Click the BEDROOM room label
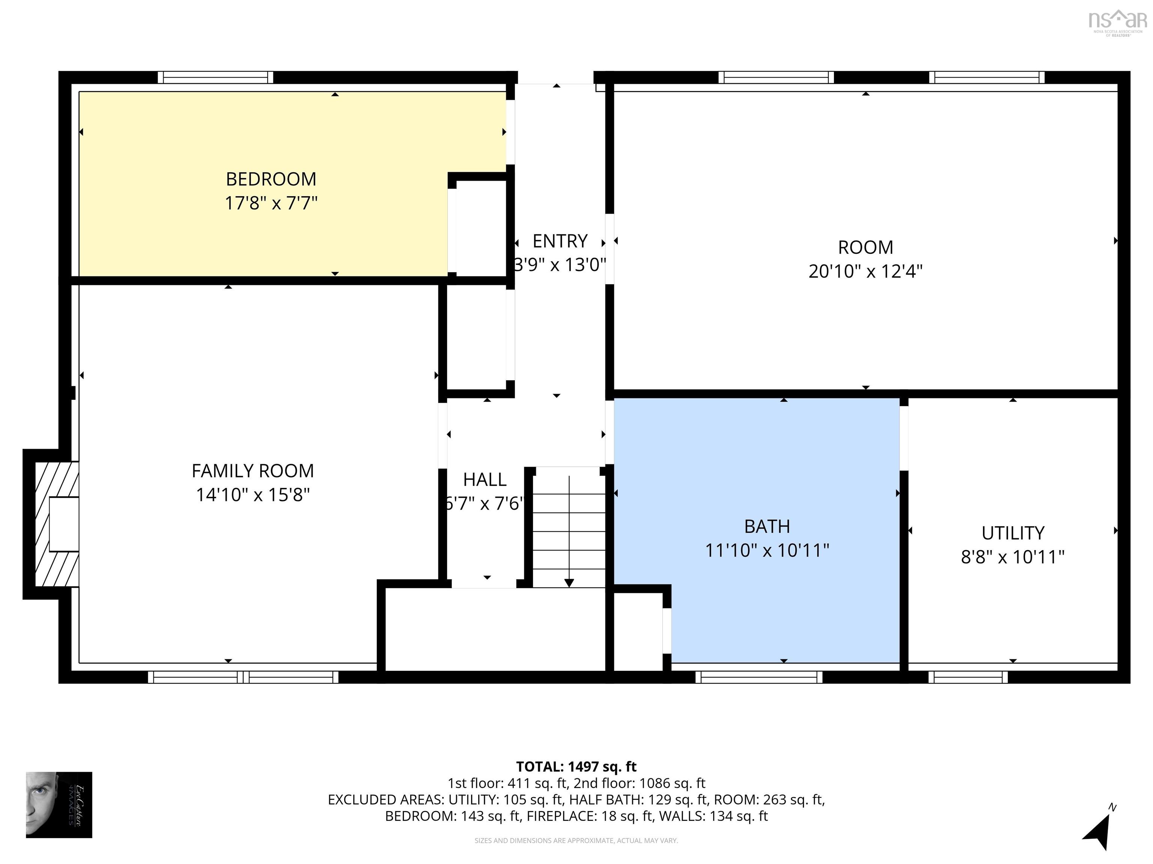[271, 179]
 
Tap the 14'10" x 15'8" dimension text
[253, 495]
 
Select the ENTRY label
[560, 241]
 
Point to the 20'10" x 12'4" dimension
[865, 271]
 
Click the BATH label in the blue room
[767, 526]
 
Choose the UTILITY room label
[1012, 533]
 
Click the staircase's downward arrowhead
[569, 583]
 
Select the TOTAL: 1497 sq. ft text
[576, 766]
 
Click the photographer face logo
[59, 805]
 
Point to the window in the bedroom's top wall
[215, 78]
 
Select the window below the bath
[759, 677]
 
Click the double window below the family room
[244, 677]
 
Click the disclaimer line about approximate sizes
[576, 841]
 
